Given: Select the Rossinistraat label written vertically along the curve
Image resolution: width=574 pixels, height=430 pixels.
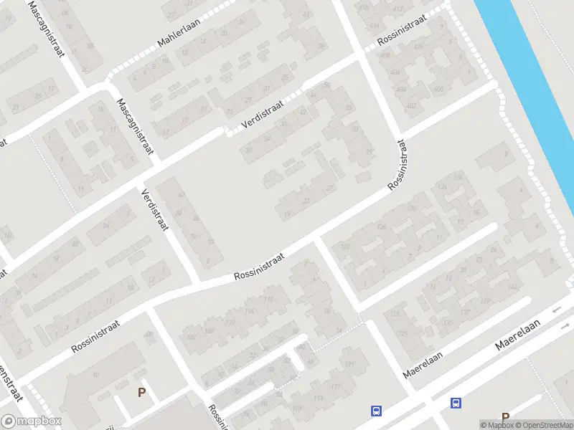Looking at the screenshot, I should pyautogui.click(x=398, y=165).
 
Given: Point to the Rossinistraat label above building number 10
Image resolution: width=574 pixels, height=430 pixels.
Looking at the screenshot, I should pyautogui.click(x=95, y=335).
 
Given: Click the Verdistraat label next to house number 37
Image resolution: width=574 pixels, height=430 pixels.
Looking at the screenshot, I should pyautogui.click(x=263, y=115).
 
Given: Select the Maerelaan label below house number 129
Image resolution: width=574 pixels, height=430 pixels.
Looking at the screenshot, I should pyautogui.click(x=423, y=364).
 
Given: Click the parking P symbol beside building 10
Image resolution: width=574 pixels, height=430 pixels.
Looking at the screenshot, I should pyautogui.click(x=141, y=392).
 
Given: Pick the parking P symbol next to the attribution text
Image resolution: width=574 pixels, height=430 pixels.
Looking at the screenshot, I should pyautogui.click(x=505, y=417).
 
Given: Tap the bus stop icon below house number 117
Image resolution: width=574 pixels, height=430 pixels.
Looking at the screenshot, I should pyautogui.click(x=375, y=411).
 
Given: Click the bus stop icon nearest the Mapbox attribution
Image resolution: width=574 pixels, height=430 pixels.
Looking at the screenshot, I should pyautogui.click(x=455, y=403).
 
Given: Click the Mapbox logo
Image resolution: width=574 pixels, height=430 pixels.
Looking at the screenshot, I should pyautogui.click(x=32, y=421).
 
